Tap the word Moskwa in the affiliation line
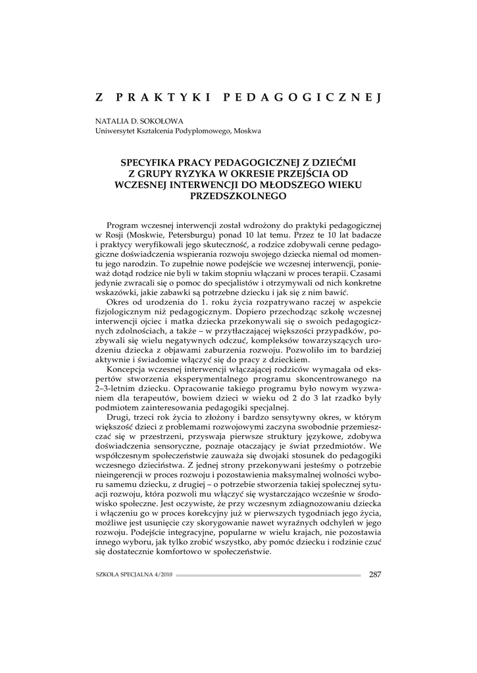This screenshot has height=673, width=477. (247, 131)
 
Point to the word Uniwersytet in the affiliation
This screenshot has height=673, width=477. (116, 131)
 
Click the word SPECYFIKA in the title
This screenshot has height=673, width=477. (152, 160)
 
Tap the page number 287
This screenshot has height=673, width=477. (375, 574)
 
